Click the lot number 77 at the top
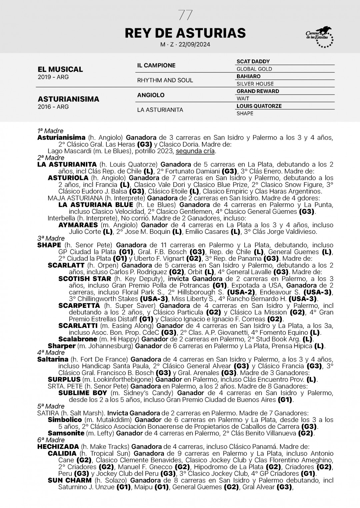click(185, 15)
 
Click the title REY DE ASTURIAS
click(185, 33)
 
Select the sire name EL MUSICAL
click(60, 69)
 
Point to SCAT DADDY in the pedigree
click(253, 62)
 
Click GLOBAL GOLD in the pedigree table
click(254, 69)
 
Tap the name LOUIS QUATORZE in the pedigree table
click(259, 106)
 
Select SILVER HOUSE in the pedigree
click(255, 84)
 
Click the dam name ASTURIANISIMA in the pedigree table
click(68, 99)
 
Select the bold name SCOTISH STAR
click(84, 279)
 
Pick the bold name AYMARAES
click(78, 225)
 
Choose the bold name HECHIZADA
click(58, 447)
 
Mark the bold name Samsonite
click(66, 433)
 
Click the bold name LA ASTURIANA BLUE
click(96, 205)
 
